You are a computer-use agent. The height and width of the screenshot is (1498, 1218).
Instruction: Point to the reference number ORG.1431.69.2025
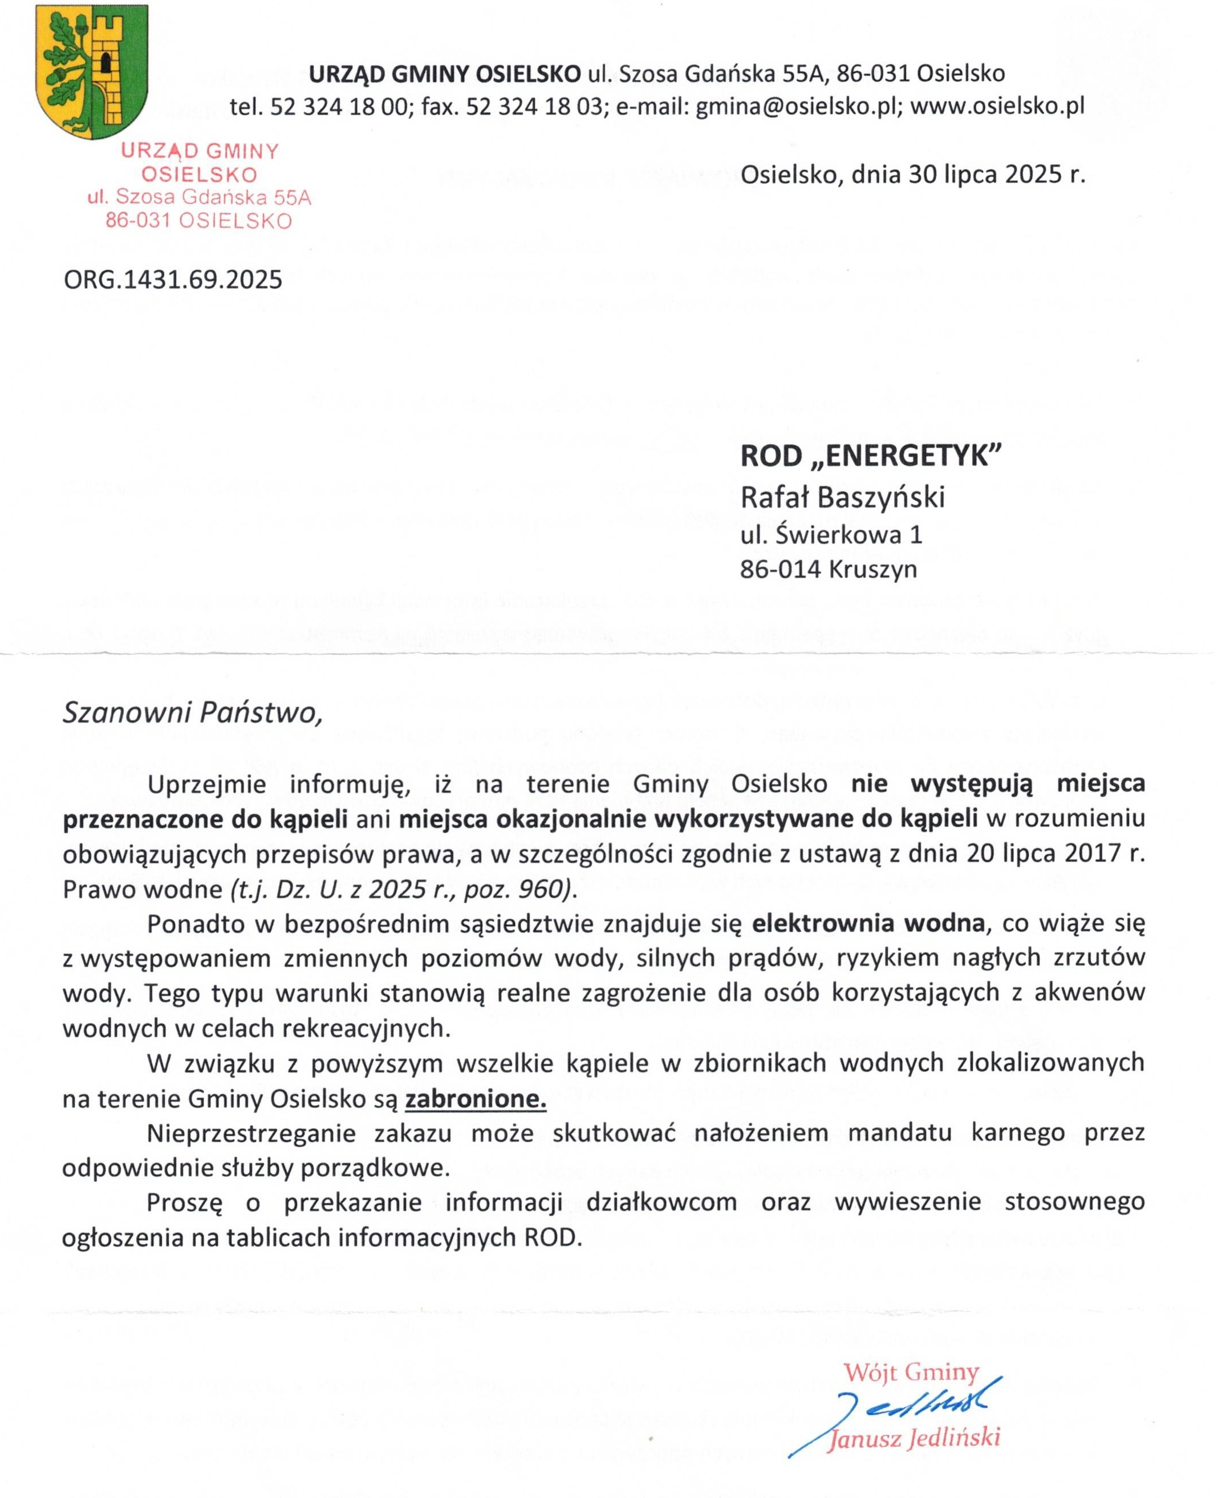tap(173, 280)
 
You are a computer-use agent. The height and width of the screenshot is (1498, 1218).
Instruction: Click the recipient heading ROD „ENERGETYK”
tap(870, 457)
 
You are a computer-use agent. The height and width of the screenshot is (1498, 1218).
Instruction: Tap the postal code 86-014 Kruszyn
tap(828, 569)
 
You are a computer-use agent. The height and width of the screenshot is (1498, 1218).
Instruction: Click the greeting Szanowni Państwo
tap(192, 712)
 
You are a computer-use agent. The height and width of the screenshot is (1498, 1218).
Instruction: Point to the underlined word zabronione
tap(476, 1099)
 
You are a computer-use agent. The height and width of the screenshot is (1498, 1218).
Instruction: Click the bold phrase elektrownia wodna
tap(868, 923)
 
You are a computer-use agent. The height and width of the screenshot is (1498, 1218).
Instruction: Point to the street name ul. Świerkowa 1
tap(831, 535)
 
